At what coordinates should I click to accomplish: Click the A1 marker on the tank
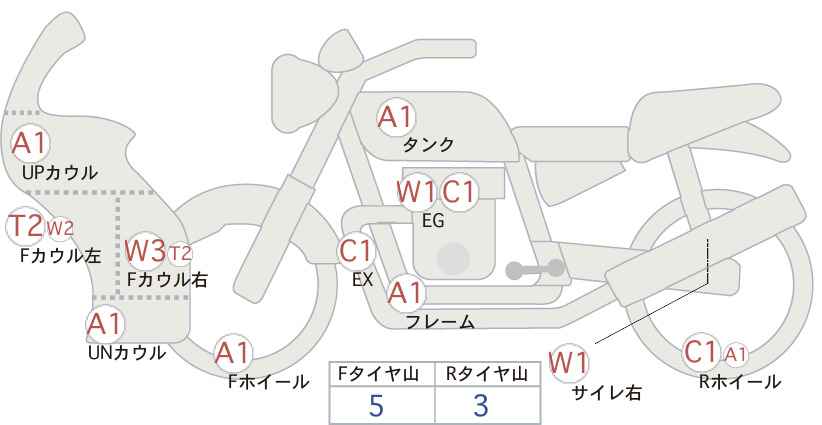[x=396, y=117]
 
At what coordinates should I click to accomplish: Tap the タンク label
[x=428, y=144]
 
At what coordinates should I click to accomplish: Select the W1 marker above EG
[x=417, y=192]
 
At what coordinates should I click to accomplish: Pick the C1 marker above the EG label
[x=458, y=192]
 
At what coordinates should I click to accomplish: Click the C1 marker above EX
[x=356, y=251]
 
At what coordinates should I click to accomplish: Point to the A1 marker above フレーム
[x=406, y=293]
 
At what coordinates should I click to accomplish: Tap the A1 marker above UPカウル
[x=30, y=144]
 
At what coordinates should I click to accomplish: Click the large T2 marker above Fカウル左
[x=26, y=226]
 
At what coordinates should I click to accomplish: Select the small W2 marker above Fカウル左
[x=60, y=228]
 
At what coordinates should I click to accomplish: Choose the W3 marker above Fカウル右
[x=146, y=250]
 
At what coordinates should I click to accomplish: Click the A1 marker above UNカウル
[x=105, y=324]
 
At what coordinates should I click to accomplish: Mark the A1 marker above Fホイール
[x=234, y=353]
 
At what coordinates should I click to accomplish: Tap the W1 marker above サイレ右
[x=569, y=362]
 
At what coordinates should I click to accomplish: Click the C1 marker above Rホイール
[x=701, y=352]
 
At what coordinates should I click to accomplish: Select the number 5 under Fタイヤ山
[x=376, y=405]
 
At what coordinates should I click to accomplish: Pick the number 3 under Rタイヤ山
[x=481, y=405]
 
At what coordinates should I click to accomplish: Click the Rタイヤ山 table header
[x=487, y=374]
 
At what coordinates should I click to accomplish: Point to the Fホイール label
[x=268, y=382]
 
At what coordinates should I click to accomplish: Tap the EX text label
[x=362, y=280]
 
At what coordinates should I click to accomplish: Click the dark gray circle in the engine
[x=453, y=258]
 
